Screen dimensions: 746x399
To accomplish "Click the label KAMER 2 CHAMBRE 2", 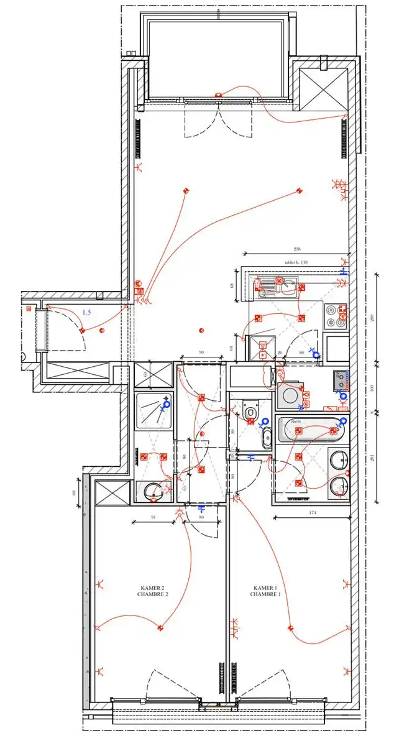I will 153,591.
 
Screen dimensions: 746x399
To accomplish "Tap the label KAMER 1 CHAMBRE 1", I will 266,591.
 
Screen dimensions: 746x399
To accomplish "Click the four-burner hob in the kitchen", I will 336,315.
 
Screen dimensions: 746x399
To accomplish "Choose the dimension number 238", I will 295,250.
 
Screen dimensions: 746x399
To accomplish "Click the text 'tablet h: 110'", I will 296,262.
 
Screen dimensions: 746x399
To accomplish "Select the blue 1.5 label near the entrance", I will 86,312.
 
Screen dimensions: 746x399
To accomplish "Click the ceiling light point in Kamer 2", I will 160,627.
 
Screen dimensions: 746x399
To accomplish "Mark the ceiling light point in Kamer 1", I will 290,627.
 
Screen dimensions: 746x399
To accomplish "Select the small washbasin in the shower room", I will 153,492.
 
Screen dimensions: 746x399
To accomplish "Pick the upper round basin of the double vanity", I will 338,461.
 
